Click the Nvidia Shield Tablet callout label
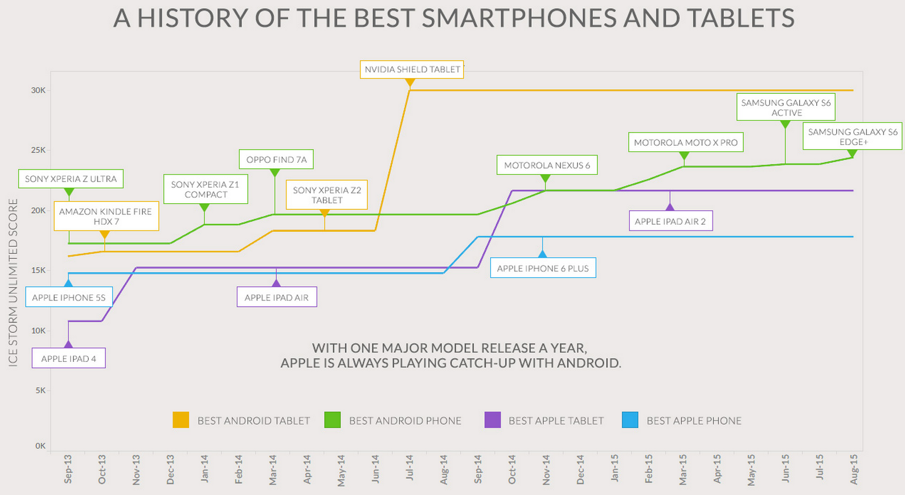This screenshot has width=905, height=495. [412, 69]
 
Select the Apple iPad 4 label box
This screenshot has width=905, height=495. [68, 358]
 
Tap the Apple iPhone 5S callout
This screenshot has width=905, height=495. [69, 298]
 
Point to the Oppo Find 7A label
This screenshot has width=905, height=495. [276, 160]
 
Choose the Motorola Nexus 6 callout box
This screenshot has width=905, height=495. [547, 166]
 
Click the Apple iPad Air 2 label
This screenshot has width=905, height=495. [670, 221]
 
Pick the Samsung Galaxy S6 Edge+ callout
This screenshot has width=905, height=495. [852, 137]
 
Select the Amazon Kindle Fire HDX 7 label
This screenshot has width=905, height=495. [106, 216]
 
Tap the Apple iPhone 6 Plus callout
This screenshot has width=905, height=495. [543, 269]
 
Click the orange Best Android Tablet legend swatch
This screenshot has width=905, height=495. [181, 420]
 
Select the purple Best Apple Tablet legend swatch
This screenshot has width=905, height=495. [492, 420]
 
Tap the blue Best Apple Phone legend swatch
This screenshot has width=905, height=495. [630, 420]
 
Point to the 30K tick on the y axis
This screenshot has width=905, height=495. [38, 90]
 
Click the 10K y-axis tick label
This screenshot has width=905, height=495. [38, 331]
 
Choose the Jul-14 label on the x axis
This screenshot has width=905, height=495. [409, 469]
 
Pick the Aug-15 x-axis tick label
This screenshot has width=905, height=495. [854, 469]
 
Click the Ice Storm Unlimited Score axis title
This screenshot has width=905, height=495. [13, 282]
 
